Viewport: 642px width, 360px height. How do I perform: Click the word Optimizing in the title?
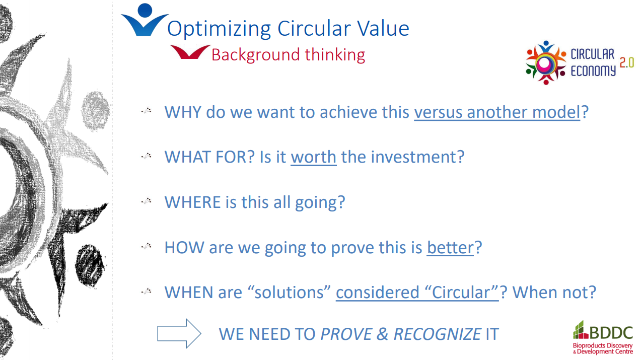pos(219,29)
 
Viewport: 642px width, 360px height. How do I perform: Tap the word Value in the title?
pos(383,28)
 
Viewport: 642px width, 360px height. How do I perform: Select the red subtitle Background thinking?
pos(289,55)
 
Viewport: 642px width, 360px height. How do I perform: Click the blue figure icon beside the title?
pos(145,20)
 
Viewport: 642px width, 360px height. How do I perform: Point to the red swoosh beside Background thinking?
pos(190,51)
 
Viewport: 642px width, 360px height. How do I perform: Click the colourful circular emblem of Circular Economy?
pos(546,63)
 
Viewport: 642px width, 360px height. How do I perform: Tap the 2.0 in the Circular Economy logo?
pos(626,62)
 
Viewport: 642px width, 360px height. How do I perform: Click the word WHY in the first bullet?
pos(183,112)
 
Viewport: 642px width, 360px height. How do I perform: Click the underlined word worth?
pos(314,157)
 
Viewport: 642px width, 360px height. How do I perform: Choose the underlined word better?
pos(450,247)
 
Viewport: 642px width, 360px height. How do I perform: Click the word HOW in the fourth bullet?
pos(184,247)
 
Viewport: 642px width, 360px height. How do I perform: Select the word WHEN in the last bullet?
pos(189,293)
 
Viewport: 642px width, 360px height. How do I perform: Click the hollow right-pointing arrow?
pos(179,334)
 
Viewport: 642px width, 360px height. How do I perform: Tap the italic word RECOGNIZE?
pos(438,334)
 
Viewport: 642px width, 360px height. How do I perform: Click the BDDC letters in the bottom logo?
pos(611,333)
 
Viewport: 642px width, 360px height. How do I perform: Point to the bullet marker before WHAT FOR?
pos(146,156)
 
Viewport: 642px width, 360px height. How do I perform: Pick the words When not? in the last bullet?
pos(554,293)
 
